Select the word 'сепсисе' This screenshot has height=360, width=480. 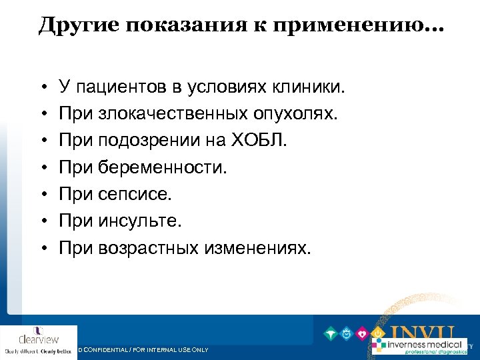point(134,194)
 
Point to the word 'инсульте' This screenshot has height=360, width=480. point(139,221)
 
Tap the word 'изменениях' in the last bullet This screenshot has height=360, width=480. point(257,248)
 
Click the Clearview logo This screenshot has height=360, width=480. point(39,342)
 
